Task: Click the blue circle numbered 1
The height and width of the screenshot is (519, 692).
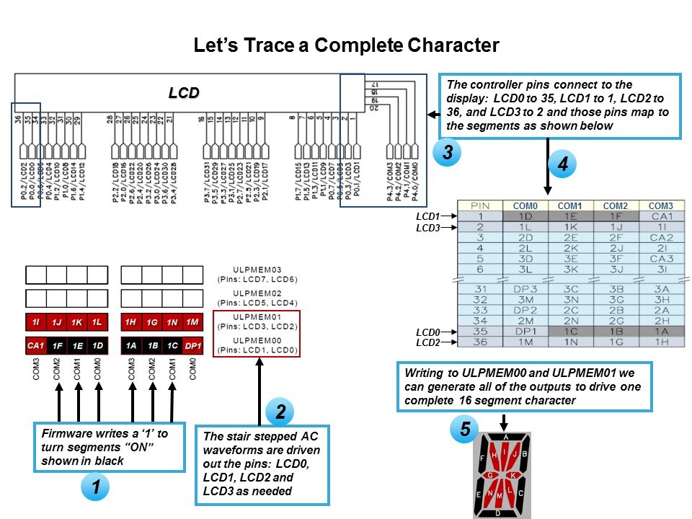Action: tap(95, 488)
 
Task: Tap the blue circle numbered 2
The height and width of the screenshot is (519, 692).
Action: tap(281, 412)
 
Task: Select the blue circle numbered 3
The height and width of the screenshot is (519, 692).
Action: tap(448, 153)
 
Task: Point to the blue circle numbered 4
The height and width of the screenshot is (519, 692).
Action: tap(562, 164)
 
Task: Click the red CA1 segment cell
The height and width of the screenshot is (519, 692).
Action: tap(35, 346)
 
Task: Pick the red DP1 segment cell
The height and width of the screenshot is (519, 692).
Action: tap(192, 346)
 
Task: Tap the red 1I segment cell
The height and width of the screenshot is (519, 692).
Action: tap(35, 322)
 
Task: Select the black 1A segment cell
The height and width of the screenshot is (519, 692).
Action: tap(131, 346)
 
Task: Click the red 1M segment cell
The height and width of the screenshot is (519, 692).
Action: tap(192, 322)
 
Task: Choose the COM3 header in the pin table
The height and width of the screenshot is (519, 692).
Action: tap(661, 206)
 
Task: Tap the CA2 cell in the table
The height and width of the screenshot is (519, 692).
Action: tap(661, 237)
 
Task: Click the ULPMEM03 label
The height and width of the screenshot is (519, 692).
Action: tap(257, 270)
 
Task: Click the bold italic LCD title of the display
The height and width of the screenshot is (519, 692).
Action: tap(183, 93)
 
